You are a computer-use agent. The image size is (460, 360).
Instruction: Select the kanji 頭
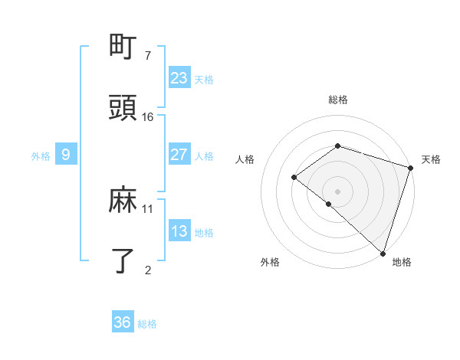click(x=123, y=109)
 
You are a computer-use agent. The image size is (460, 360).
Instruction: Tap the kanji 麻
click(x=123, y=201)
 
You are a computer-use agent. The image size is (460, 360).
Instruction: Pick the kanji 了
click(x=123, y=260)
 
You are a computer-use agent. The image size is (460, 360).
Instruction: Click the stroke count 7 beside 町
click(x=147, y=56)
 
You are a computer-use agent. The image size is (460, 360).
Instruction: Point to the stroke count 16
click(x=147, y=116)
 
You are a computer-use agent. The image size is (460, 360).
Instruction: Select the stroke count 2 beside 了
click(x=147, y=269)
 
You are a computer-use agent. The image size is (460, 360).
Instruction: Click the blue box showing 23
click(x=179, y=78)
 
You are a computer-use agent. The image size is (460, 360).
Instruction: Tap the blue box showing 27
click(x=179, y=155)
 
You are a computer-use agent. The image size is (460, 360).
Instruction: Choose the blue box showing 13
click(x=179, y=231)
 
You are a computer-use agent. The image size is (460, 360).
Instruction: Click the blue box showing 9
click(x=66, y=155)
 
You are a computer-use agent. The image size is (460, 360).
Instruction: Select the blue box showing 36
click(x=122, y=322)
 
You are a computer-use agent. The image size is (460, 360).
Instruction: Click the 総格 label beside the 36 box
click(x=147, y=324)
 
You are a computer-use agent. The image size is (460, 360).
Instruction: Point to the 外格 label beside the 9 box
click(x=41, y=155)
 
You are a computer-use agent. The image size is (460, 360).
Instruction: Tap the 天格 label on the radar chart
click(x=431, y=159)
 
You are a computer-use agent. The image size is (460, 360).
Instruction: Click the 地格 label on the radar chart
click(x=402, y=262)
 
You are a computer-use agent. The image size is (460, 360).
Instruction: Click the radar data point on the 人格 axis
click(x=294, y=178)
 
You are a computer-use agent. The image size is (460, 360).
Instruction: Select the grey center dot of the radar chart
click(x=337, y=191)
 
